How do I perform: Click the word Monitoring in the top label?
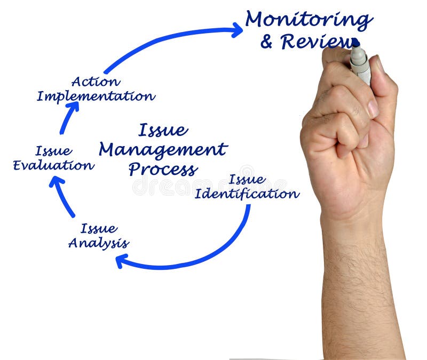(x=309, y=20)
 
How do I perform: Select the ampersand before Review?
(x=267, y=42)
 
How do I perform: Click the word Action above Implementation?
(x=96, y=82)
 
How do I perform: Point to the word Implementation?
(x=96, y=97)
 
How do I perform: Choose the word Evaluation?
(x=53, y=165)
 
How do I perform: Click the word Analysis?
(x=99, y=243)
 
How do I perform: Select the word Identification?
(x=247, y=194)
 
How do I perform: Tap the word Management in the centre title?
(x=163, y=150)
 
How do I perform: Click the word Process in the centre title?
(x=163, y=170)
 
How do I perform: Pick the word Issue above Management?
(x=163, y=130)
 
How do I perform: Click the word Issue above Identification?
(x=247, y=179)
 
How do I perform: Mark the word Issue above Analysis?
(x=99, y=229)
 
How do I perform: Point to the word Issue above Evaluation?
(x=53, y=151)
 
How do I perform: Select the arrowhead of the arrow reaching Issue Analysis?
(x=121, y=261)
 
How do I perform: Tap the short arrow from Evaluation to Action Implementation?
(x=68, y=117)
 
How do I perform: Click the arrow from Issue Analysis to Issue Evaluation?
(x=63, y=196)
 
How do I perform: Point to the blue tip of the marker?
(x=355, y=43)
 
